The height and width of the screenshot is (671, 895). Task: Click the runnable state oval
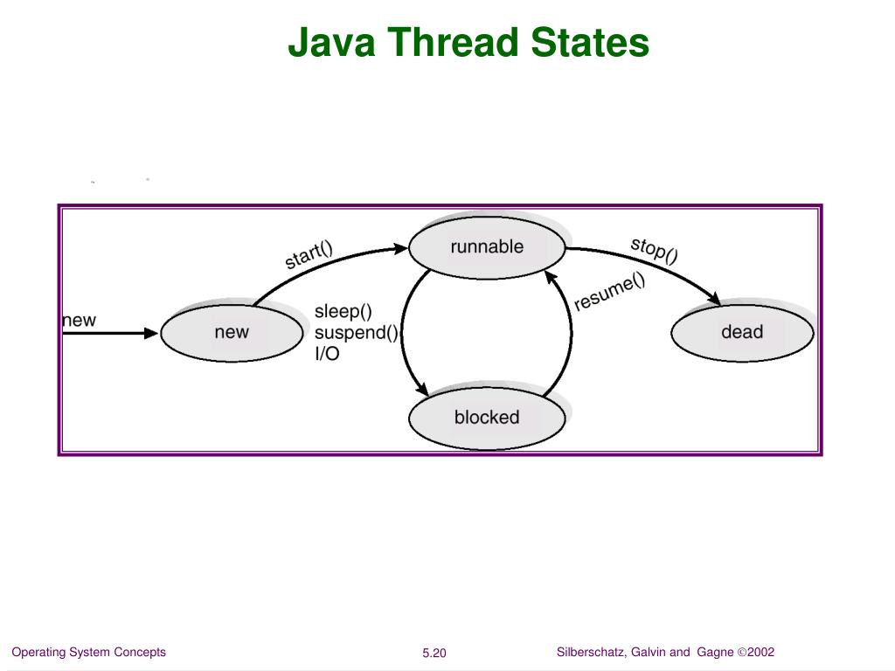click(487, 247)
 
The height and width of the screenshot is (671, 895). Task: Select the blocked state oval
click(487, 418)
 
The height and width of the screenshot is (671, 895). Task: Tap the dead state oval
click(741, 332)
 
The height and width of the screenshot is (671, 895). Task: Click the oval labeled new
click(232, 332)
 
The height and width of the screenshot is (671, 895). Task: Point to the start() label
click(309, 254)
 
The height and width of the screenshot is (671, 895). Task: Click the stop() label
click(655, 249)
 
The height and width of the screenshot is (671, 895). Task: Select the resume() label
click(609, 292)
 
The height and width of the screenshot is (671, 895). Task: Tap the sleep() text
click(343, 311)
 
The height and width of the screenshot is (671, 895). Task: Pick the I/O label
click(327, 355)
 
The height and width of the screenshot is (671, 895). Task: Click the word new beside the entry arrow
click(79, 321)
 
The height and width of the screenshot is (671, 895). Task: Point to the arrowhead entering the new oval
click(152, 333)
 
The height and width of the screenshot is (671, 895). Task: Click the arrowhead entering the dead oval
click(713, 300)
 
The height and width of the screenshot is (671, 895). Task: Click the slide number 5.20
click(434, 654)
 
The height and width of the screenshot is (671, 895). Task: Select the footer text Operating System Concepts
click(88, 653)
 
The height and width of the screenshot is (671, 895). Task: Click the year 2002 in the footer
click(760, 653)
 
